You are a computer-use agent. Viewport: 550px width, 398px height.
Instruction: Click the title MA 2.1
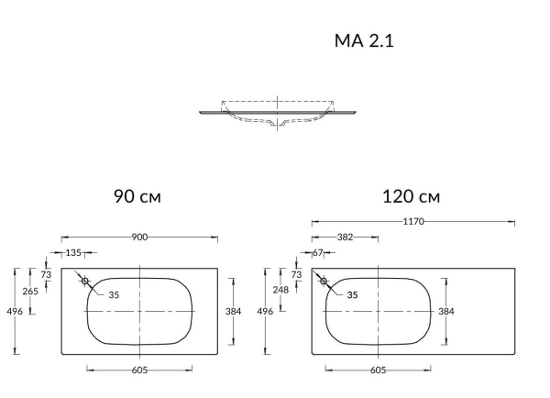(364, 41)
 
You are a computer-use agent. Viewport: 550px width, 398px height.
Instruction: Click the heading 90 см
(138, 196)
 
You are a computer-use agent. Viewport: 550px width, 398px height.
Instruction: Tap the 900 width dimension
(140, 237)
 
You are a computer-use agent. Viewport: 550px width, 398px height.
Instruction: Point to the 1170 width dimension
(412, 221)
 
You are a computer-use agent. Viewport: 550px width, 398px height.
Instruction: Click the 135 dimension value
(73, 251)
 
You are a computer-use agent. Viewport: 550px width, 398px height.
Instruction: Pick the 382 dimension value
(346, 237)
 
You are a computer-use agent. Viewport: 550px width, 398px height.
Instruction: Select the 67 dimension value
(319, 251)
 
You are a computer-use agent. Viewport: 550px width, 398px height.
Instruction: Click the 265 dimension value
(30, 291)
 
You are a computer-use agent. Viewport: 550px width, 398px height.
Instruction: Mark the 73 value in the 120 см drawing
(296, 274)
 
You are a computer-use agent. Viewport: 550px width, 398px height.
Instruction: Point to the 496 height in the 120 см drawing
(264, 312)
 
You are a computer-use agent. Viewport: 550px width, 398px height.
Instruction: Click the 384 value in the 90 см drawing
(233, 312)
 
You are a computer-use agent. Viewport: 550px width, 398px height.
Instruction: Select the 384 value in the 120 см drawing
(446, 312)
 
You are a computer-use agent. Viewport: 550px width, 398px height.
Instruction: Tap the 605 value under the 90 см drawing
(139, 370)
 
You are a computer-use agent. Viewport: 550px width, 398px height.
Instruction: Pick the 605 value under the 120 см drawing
(378, 370)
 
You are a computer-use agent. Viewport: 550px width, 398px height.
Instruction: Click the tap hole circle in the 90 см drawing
(84, 282)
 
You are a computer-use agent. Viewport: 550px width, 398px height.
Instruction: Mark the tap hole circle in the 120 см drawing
(324, 282)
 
